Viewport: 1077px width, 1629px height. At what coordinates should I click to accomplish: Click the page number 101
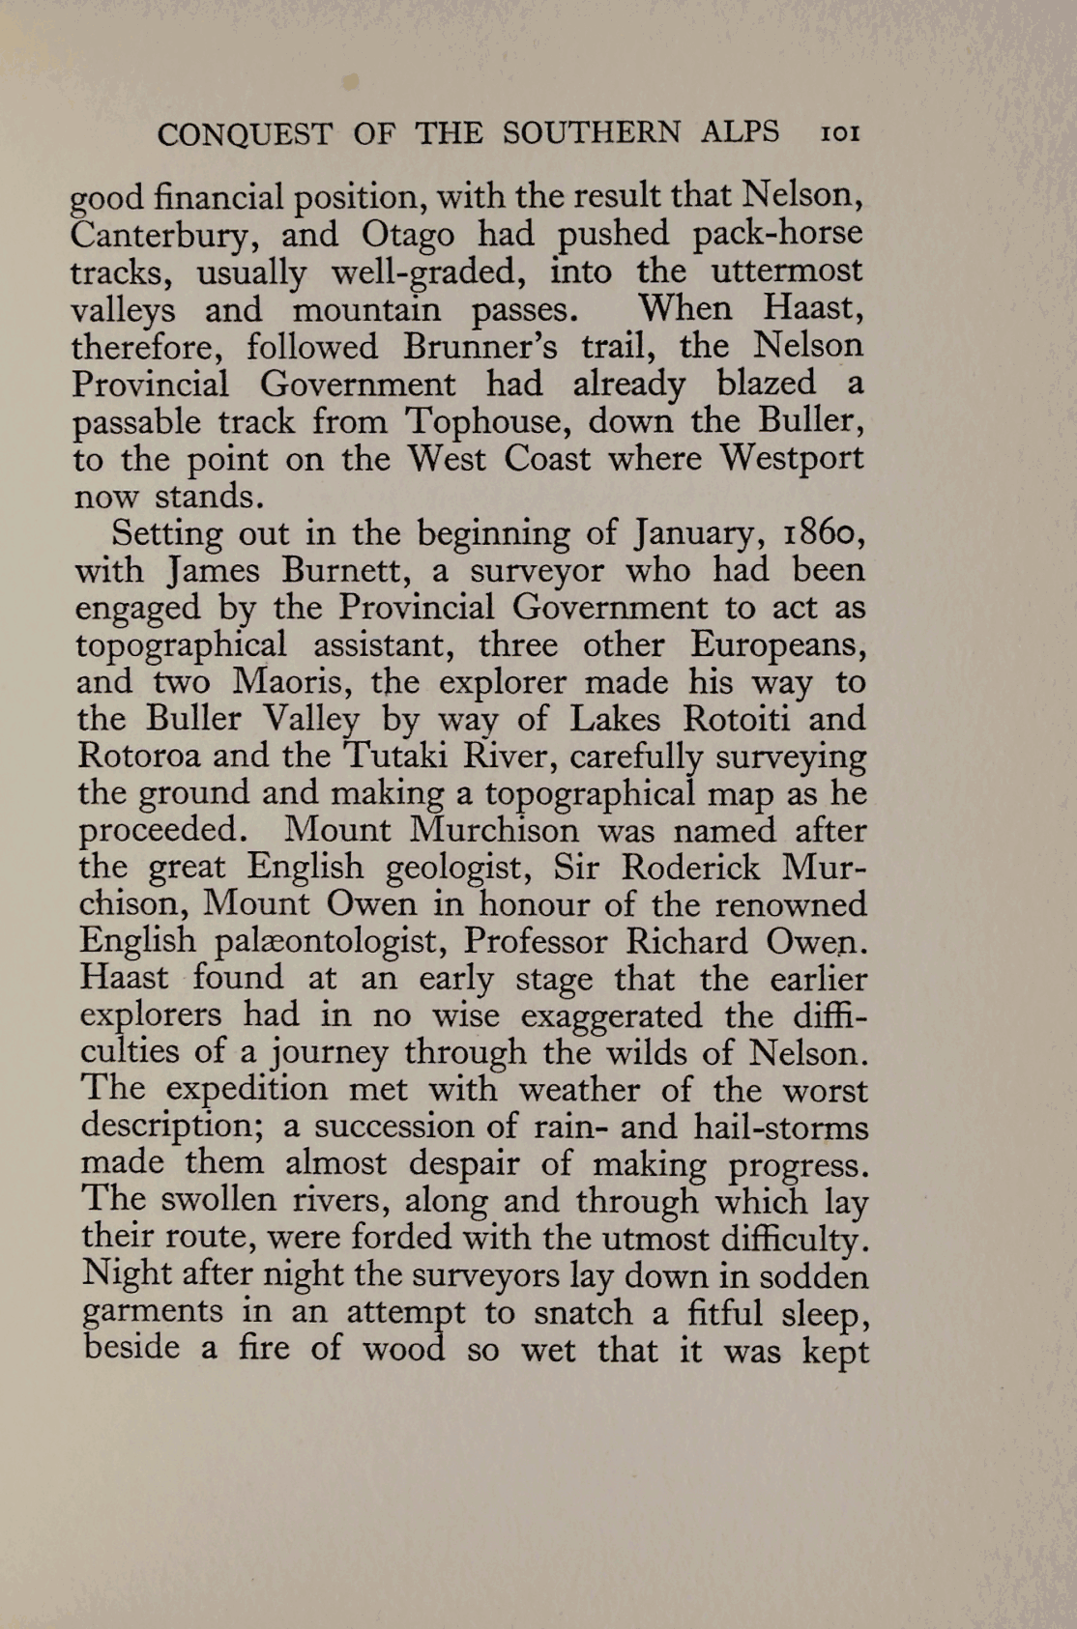pyautogui.click(x=839, y=133)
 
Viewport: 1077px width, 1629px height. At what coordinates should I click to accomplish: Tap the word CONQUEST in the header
pyautogui.click(x=246, y=134)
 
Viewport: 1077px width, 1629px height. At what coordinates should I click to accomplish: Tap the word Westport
pyautogui.click(x=792, y=458)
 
